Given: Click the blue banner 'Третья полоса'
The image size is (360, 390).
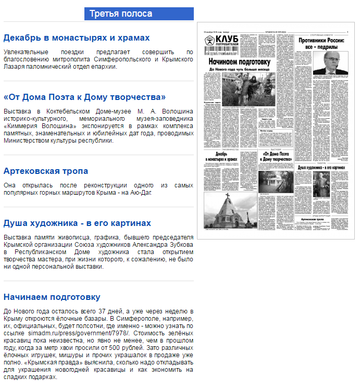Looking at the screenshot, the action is click(139, 14).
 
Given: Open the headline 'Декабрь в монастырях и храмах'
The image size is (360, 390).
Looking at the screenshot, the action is click(77, 38).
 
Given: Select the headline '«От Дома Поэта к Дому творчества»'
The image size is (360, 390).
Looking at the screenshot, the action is click(84, 97).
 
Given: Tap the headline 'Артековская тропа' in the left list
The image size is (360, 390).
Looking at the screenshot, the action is click(46, 171).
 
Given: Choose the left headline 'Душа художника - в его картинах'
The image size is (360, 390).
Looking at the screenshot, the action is click(77, 223).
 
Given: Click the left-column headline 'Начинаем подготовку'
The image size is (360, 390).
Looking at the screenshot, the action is click(52, 297).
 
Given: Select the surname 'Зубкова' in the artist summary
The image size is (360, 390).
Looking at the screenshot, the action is click(179, 245).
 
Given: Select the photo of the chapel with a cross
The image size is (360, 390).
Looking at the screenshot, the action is click(229, 211).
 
